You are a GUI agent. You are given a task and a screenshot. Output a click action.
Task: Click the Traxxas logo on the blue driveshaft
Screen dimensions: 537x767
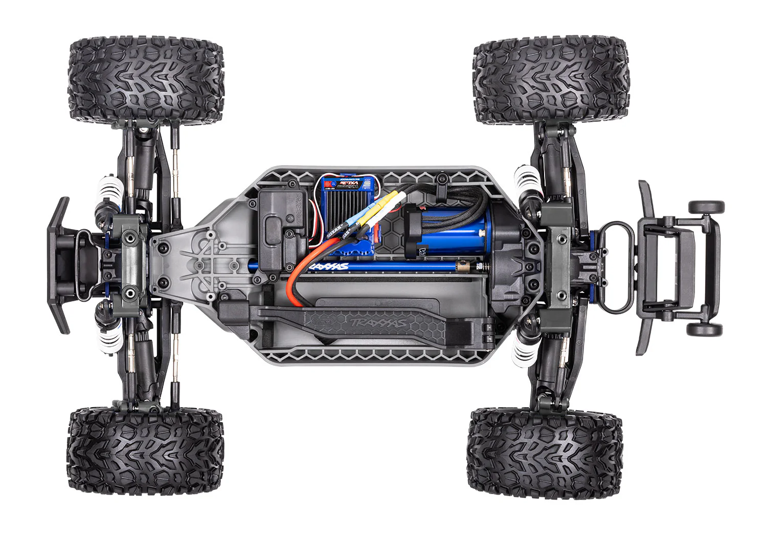click(x=330, y=266)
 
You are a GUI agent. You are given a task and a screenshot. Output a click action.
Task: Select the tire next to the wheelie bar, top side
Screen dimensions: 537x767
click(x=551, y=82)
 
